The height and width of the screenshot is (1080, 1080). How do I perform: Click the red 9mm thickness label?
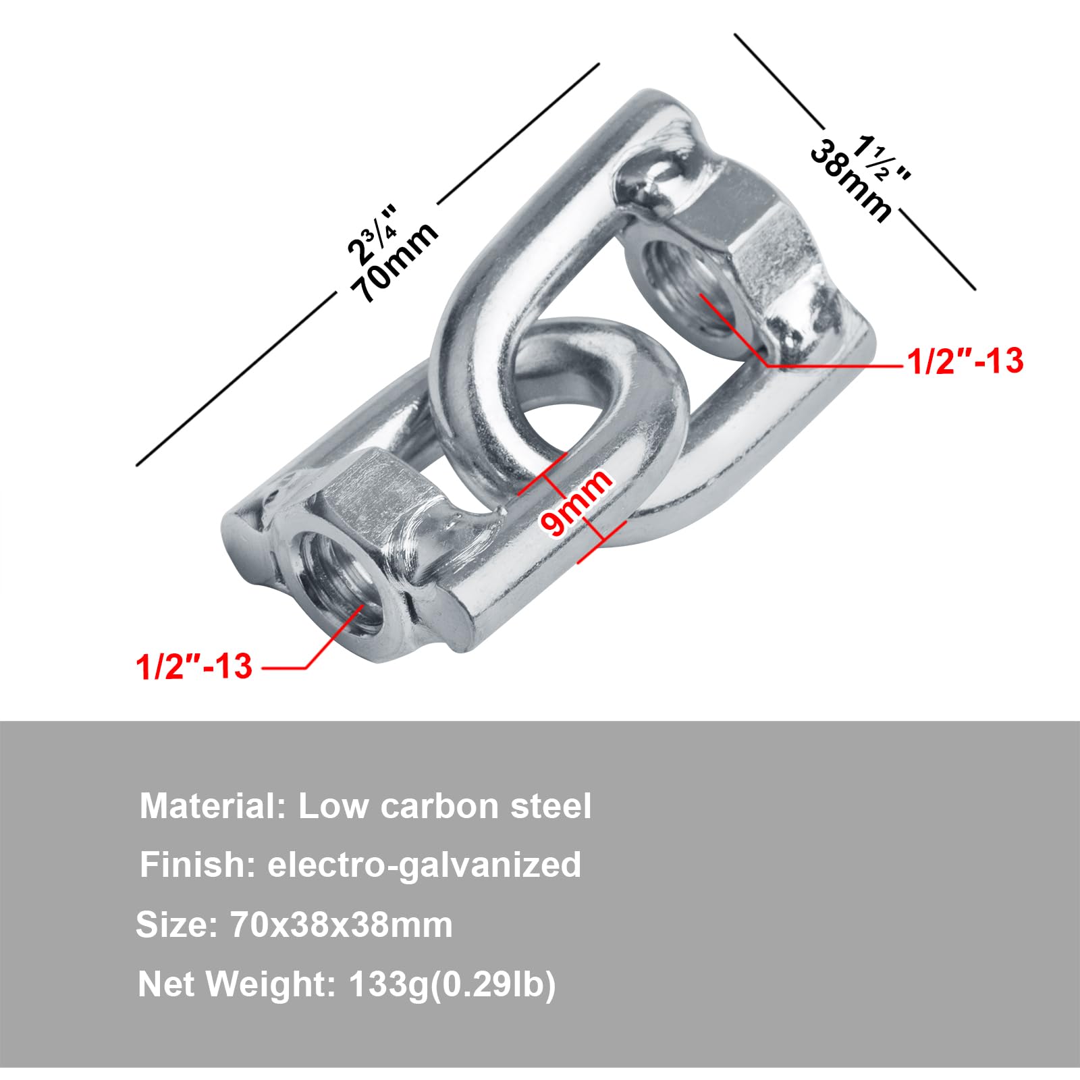578,502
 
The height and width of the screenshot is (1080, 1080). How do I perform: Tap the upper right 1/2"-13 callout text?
965,361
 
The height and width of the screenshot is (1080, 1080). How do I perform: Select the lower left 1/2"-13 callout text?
194,666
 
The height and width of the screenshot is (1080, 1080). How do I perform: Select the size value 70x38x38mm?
341,925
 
